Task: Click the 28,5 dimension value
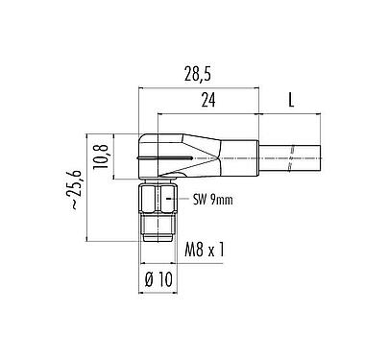(x=200, y=72)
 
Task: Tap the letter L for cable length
(x=290, y=100)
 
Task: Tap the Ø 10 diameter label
(x=159, y=279)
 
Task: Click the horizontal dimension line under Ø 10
(x=159, y=293)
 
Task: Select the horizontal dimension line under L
(x=290, y=113)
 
